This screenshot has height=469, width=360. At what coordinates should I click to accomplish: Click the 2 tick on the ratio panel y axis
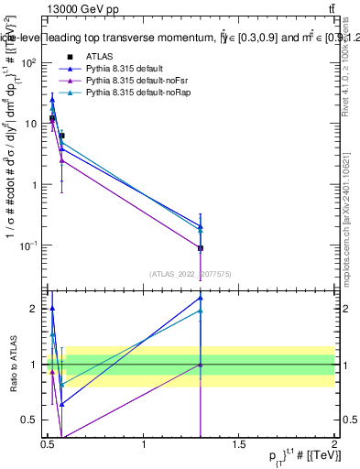34,309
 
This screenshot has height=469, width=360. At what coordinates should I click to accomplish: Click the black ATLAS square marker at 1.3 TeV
201,248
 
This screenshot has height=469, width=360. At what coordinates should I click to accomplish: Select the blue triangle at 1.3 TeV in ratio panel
201,298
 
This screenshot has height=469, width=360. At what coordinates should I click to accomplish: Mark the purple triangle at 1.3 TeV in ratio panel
201,365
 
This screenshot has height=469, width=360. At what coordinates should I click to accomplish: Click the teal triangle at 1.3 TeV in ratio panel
201,311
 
